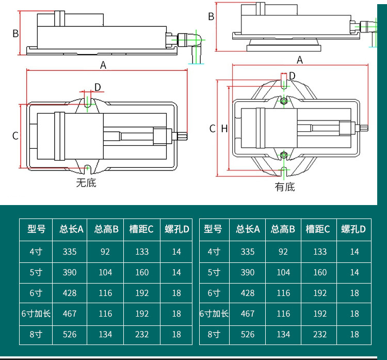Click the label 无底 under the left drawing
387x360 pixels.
coord(86,182)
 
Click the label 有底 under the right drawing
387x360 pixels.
coord(285,187)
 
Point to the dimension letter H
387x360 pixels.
coord(224,129)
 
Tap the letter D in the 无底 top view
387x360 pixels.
coord(97,87)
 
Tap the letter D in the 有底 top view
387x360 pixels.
coord(292,76)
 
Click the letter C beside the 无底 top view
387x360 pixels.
coord(15,136)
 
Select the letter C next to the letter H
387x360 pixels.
coord(212,129)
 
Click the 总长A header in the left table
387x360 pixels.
coord(71,229)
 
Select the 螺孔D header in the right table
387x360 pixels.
coord(353,229)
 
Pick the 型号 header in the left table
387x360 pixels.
coord(37,229)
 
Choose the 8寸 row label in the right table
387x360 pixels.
coord(214,334)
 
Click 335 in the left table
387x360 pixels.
coord(70,252)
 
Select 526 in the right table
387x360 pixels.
coord(248,334)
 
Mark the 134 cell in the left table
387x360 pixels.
coord(105,334)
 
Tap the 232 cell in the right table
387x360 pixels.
coord(320,334)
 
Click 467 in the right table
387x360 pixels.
coord(248,314)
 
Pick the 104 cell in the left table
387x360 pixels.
coord(105,272)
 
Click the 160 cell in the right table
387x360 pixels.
coord(320,272)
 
